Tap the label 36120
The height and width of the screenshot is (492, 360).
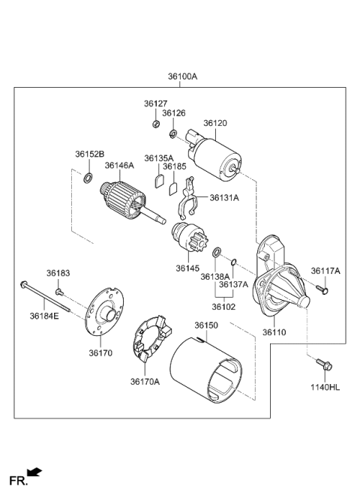pos(216,121)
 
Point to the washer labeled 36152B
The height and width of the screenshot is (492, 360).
pos(88,178)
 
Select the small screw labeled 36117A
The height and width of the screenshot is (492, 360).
pos(323,289)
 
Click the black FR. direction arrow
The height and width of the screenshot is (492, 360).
pos(34,472)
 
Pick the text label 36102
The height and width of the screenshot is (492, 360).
pos(222,306)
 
